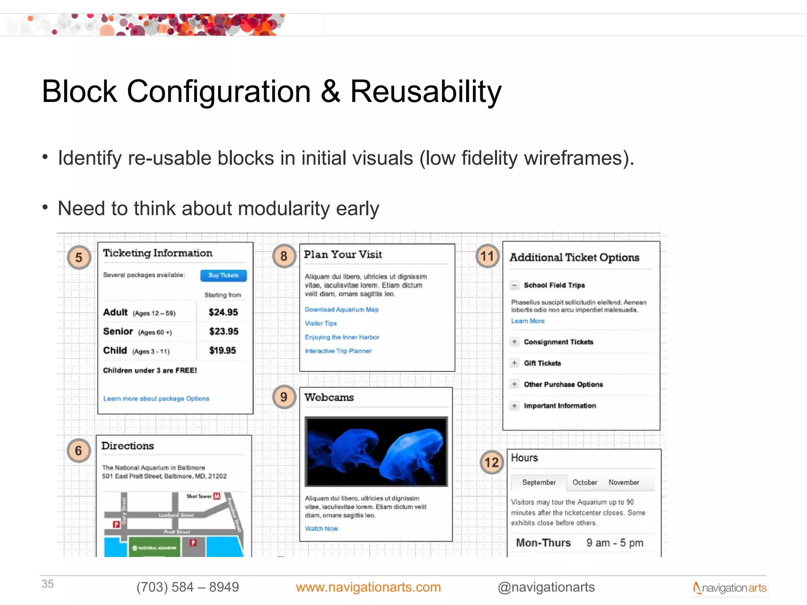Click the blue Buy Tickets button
click(x=223, y=275)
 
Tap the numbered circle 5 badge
click(x=79, y=258)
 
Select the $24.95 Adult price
click(x=223, y=312)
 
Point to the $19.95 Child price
click(x=222, y=351)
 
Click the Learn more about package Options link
click(x=156, y=399)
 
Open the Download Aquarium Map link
click(x=341, y=310)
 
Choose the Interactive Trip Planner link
click(x=338, y=351)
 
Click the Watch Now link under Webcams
click(x=321, y=529)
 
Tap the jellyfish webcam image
click(x=376, y=451)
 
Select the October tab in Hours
click(x=585, y=483)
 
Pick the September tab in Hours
click(x=539, y=483)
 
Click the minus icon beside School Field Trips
click(x=514, y=285)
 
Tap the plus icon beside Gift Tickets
click(x=514, y=363)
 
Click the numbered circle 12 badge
click(x=491, y=462)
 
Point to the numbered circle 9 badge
click(x=284, y=397)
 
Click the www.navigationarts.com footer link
click(x=368, y=587)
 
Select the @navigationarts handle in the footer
click(x=546, y=587)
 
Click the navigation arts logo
click(x=730, y=588)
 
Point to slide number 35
click(x=48, y=584)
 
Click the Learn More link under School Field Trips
click(x=528, y=321)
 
